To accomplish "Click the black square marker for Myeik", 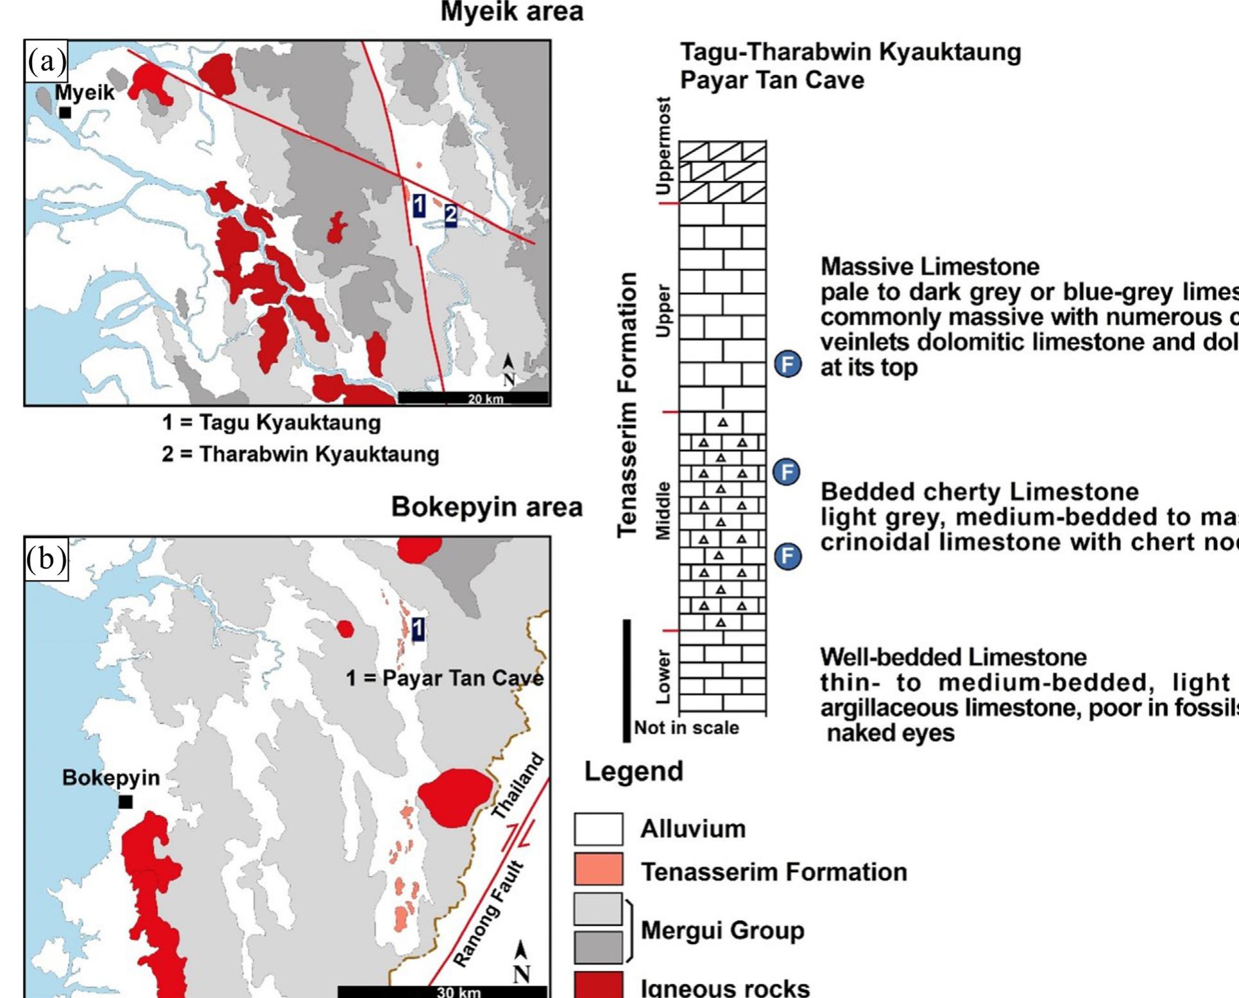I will coord(65,113).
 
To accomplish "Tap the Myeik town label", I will coord(85,93).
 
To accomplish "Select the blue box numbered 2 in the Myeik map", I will coord(450,214).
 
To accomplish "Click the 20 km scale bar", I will coord(474,398).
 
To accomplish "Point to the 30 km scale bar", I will coord(443,991).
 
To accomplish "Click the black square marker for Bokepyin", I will coord(126,802).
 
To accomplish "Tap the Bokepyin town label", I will coord(110,778).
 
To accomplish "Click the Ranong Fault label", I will coord(489,915).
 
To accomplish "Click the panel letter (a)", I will coord(46,62).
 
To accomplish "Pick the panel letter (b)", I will coord(46,558).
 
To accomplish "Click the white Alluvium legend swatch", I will coord(598,829).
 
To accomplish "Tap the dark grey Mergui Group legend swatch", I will coord(598,947).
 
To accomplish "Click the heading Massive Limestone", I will coord(930,266).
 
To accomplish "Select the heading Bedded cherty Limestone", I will coord(979,492).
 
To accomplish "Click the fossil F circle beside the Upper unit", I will coord(788,365).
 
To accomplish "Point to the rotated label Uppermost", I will coord(663,146).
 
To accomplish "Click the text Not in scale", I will coord(687,728).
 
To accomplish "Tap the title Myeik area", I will coord(511,12).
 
